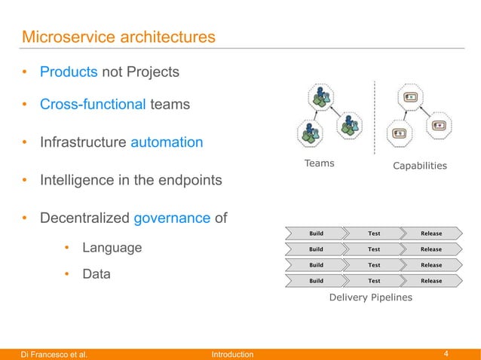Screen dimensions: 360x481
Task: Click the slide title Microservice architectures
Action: tap(118, 36)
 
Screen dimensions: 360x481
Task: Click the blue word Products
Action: tap(69, 72)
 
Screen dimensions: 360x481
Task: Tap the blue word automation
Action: tap(167, 142)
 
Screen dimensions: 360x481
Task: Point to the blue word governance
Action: tap(172, 218)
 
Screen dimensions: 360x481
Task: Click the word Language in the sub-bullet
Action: tap(112, 248)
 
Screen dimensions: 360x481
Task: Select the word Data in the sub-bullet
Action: tap(97, 274)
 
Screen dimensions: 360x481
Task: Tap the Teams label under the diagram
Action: tap(319, 163)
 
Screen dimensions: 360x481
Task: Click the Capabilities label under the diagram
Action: tap(420, 165)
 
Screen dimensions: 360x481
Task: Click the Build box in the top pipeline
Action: tap(316, 233)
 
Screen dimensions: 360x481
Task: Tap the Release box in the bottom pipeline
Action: tap(430, 281)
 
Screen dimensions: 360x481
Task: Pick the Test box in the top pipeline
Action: tap(373, 233)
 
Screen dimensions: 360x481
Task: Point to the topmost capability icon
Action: tap(411, 97)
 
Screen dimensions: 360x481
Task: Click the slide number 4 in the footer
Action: tap(446, 354)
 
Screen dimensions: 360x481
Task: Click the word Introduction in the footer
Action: tap(232, 354)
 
